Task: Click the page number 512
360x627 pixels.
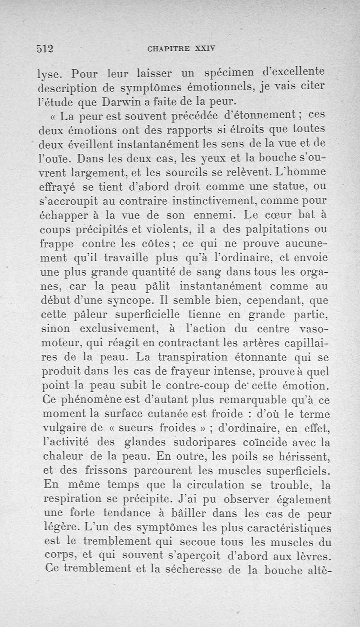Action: click(x=45, y=49)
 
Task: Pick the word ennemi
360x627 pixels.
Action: click(x=206, y=215)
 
